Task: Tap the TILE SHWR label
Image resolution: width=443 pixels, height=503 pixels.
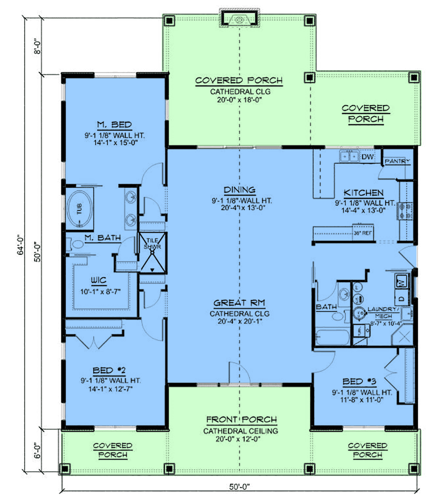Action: pos(152,243)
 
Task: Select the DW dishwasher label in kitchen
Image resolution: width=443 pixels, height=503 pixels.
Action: pos(367,157)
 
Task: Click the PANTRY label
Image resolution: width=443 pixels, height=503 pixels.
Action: pos(397,161)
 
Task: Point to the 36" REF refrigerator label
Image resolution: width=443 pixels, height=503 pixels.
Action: pos(363,233)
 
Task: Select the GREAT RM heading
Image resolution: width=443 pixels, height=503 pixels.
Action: pos(240,303)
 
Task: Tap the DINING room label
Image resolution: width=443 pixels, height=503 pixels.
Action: pos(240,190)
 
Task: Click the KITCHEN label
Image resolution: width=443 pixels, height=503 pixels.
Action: pos(364,193)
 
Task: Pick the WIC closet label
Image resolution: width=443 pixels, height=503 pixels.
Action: pos(99,281)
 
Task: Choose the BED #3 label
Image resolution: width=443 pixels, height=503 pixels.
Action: pos(359,382)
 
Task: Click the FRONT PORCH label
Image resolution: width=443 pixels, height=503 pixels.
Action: pos(241,420)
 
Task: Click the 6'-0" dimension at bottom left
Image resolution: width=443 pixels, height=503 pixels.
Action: pos(38,450)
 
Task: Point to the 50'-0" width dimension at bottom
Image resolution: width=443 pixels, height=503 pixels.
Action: pos(239,487)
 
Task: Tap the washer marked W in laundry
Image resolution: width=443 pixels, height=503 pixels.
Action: pos(402,281)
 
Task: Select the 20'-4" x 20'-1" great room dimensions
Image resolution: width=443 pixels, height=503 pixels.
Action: pos(240,322)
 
